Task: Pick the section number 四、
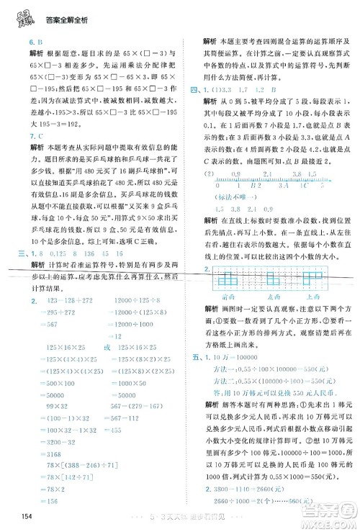click(x=192, y=90)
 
